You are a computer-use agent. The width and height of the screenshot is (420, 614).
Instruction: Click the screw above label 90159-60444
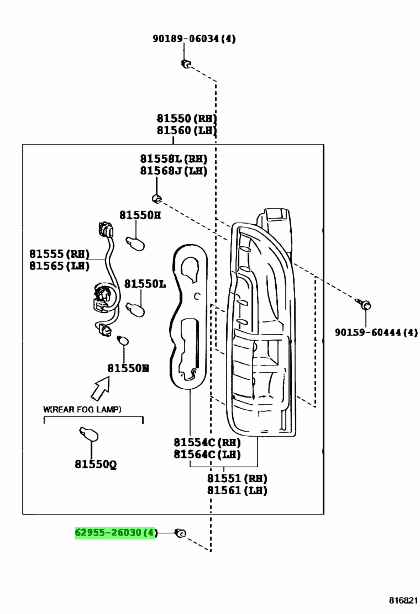[x=364, y=304]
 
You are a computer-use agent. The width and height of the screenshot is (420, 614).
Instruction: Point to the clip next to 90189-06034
[x=186, y=63]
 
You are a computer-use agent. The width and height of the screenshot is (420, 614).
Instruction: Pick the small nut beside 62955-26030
[x=181, y=533]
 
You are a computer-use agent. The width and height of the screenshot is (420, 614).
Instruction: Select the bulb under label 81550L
[x=135, y=309]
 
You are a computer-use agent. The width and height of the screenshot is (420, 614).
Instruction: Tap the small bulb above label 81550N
[x=123, y=340]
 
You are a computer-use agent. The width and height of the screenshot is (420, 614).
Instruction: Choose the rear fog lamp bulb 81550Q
[x=89, y=434]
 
